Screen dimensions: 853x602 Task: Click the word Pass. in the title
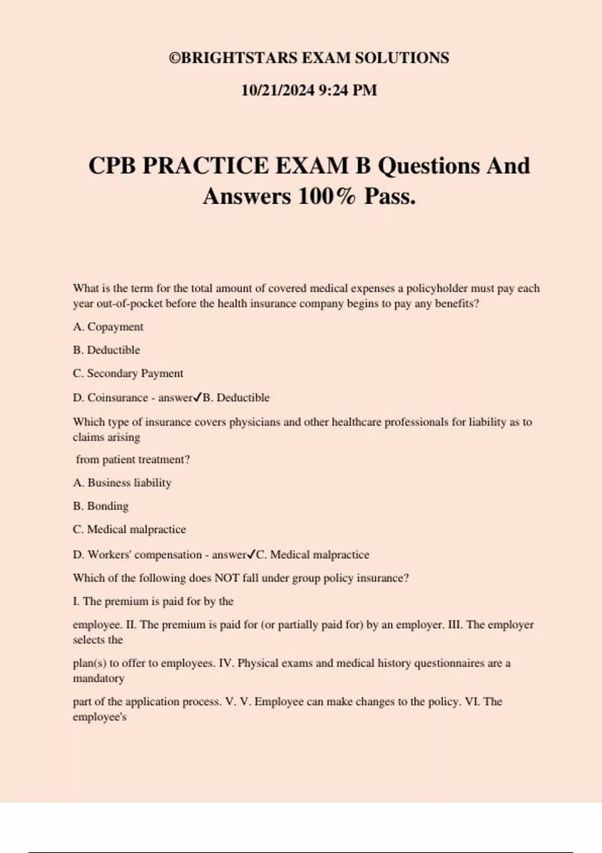tap(390, 196)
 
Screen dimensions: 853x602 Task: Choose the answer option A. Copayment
tap(108, 327)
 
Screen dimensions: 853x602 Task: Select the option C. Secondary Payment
tap(128, 373)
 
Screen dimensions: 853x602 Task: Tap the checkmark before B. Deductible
tap(198, 397)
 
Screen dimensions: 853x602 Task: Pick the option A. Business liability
tap(122, 483)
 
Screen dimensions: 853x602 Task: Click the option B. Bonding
tap(100, 506)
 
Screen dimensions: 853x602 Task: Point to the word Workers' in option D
tap(109, 554)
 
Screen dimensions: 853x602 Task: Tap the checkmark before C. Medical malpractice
tap(251, 554)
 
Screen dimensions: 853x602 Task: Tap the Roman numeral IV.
tap(226, 663)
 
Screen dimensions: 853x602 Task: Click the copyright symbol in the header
tap(174, 58)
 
